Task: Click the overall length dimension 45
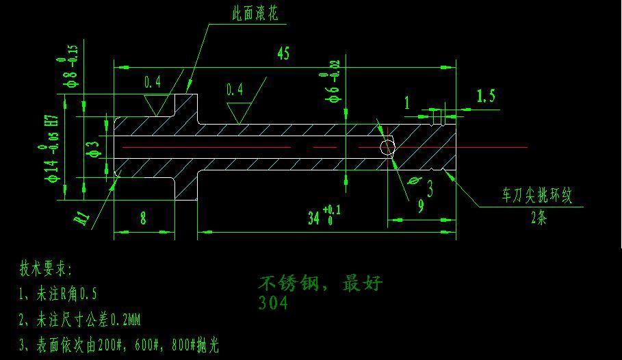coord(283,54)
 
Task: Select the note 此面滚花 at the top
coord(255,13)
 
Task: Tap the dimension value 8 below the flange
coord(143,218)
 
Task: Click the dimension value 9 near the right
coord(421,205)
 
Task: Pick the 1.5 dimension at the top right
coord(485,96)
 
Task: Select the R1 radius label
coord(83,218)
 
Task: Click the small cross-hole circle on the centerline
coord(387,146)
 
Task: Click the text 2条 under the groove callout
coord(539,219)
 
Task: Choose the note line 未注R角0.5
coord(58,294)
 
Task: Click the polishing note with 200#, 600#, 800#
coord(119,345)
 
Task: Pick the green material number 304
coord(274,303)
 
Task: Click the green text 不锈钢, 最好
coord(320,283)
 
